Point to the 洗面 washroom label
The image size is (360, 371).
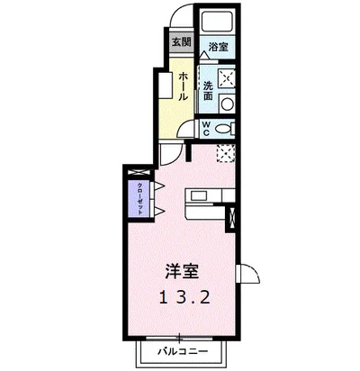207,90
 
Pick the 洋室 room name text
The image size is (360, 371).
181,269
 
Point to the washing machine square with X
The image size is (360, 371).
225,77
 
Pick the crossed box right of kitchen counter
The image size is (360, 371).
234,216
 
